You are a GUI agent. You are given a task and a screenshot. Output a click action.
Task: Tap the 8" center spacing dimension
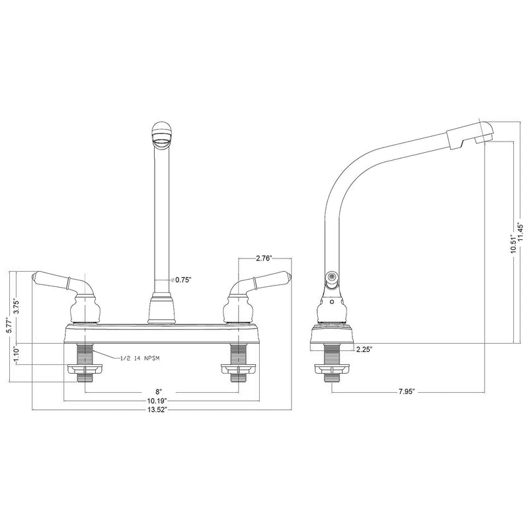pyautogui.click(x=159, y=392)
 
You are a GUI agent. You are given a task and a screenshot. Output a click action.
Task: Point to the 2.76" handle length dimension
pyautogui.click(x=264, y=259)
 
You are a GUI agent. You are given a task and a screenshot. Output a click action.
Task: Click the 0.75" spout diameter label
pyautogui.click(x=183, y=280)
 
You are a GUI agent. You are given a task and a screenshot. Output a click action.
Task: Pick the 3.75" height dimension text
pyautogui.click(x=15, y=306)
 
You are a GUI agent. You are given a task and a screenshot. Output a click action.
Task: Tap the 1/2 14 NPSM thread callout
pyautogui.click(x=140, y=358)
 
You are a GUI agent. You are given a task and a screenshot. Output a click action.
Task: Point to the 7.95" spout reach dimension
pyautogui.click(x=407, y=392)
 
